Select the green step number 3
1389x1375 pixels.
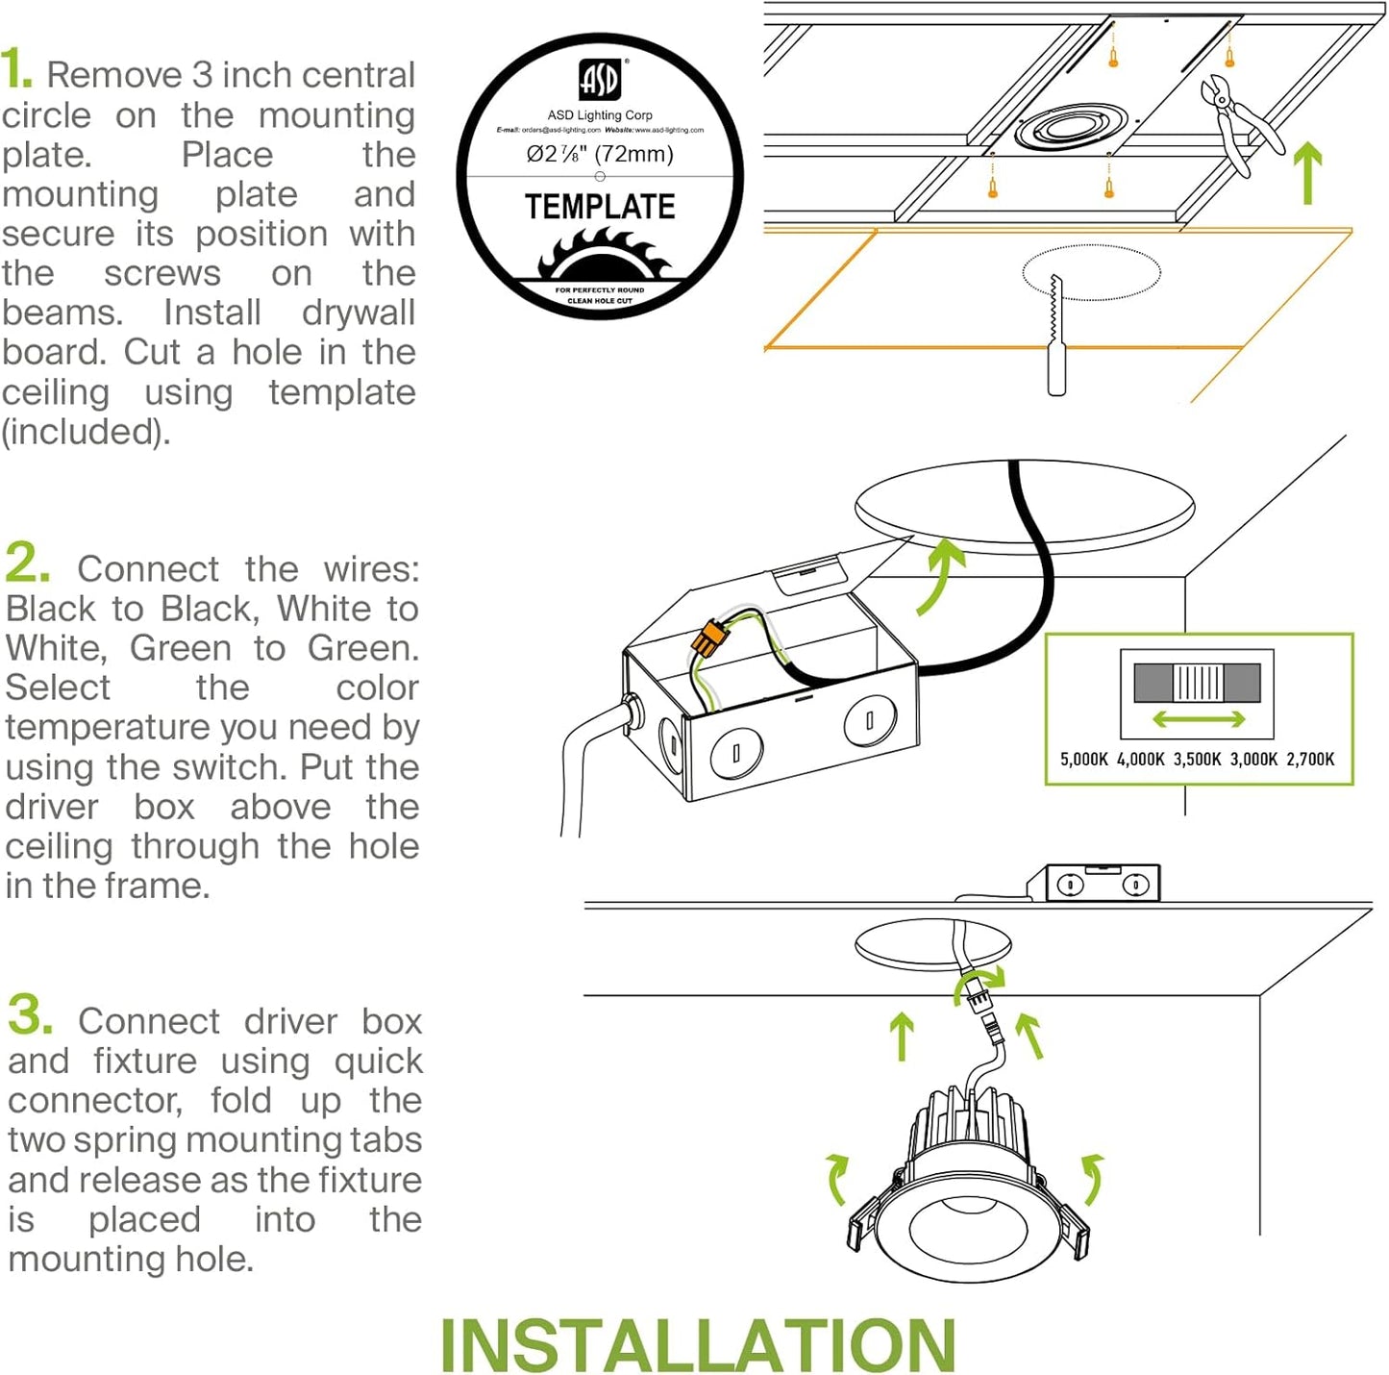(x=30, y=1015)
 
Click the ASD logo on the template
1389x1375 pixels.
(x=600, y=80)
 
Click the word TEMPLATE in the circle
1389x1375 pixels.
(x=600, y=207)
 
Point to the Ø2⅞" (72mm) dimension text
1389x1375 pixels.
(x=600, y=154)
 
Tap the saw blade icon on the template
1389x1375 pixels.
(x=600, y=255)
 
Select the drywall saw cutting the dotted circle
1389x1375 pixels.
(x=1056, y=337)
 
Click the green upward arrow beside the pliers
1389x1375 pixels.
(x=1306, y=173)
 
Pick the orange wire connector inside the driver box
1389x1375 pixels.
(x=708, y=638)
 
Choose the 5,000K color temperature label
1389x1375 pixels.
(x=1083, y=760)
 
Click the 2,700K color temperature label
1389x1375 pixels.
(x=1310, y=760)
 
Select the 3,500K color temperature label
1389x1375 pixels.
(x=1197, y=760)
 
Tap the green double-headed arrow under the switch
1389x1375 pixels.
(x=1198, y=719)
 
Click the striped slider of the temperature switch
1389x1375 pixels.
(x=1198, y=683)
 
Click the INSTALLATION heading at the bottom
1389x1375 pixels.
(x=697, y=1345)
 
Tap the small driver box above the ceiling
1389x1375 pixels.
(x=1103, y=884)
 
